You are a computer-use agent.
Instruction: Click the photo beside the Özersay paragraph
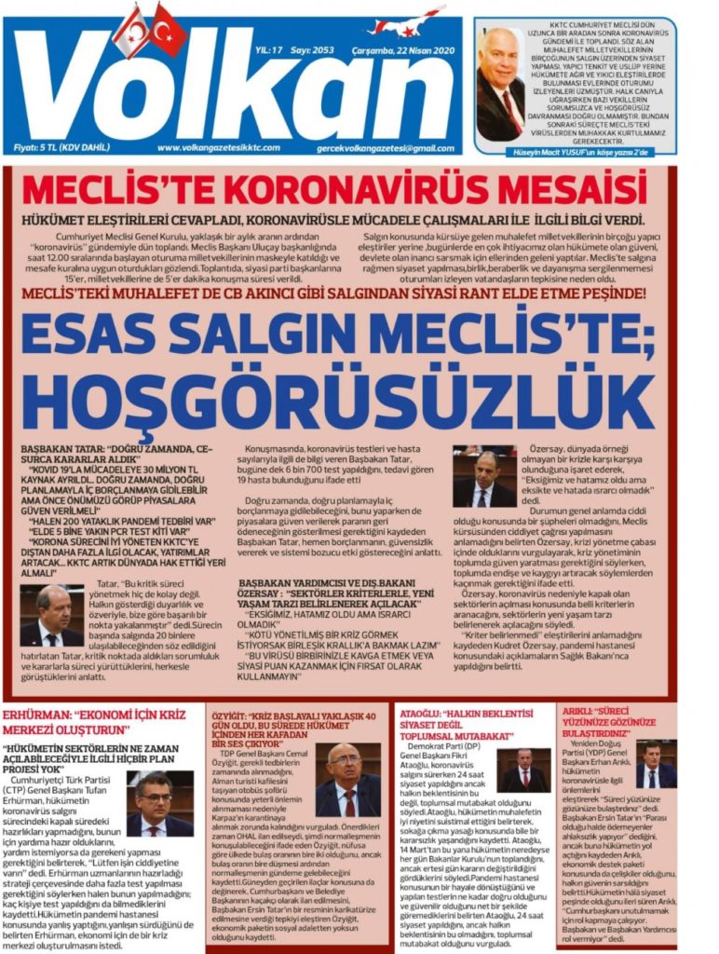click(x=483, y=477)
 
